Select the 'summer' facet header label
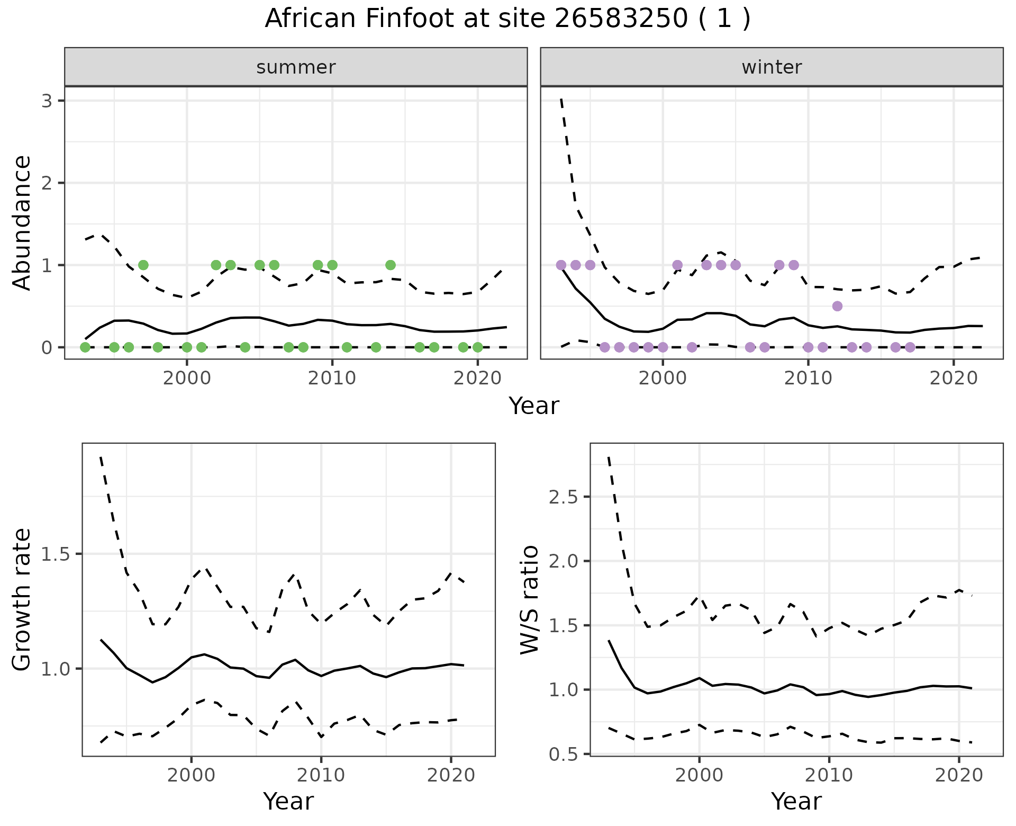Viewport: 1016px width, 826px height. click(x=296, y=67)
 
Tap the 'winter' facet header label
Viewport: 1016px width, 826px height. click(x=772, y=67)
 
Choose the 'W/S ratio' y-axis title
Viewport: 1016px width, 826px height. click(x=529, y=599)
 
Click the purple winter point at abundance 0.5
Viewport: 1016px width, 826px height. click(x=837, y=306)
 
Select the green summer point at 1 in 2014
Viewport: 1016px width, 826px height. click(x=391, y=265)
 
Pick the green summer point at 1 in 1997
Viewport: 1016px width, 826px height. click(x=143, y=265)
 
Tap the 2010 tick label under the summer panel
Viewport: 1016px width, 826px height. click(x=332, y=379)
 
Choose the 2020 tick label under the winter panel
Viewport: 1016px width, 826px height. click(x=954, y=379)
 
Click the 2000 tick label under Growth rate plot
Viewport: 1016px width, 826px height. click(x=191, y=776)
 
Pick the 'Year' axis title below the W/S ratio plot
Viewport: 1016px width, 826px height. click(x=796, y=802)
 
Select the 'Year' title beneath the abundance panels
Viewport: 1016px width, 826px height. click(x=533, y=406)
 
